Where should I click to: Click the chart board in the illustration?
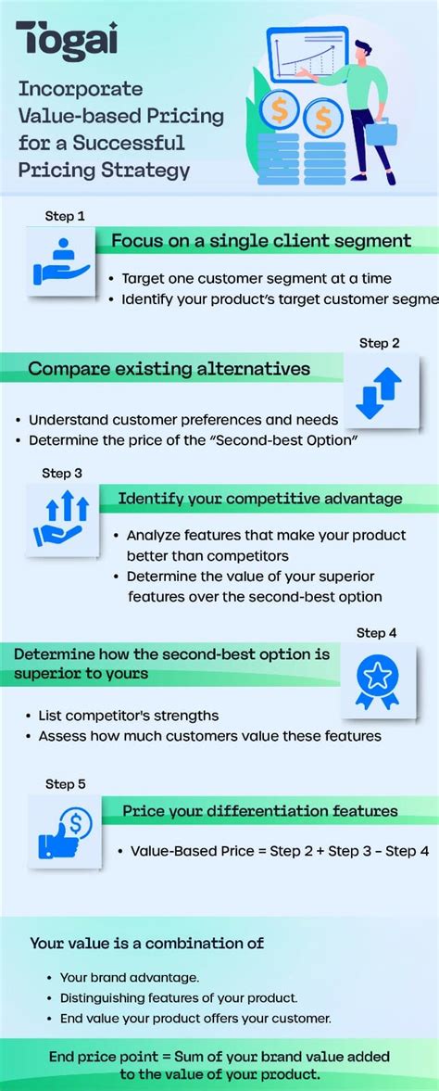pyautogui.click(x=307, y=57)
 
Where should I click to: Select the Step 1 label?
pyautogui.click(x=65, y=216)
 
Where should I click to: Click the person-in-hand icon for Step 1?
pyautogui.click(x=61, y=261)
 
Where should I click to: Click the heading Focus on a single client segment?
pyautogui.click(x=261, y=241)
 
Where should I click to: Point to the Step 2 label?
pyautogui.click(x=379, y=343)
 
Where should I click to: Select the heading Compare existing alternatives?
pyautogui.click(x=169, y=369)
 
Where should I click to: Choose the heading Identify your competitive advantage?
pyautogui.click(x=259, y=499)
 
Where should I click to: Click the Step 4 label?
pyautogui.click(x=376, y=633)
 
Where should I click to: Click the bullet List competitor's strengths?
pyautogui.click(x=129, y=716)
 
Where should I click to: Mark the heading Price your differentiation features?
pyautogui.click(x=260, y=811)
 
